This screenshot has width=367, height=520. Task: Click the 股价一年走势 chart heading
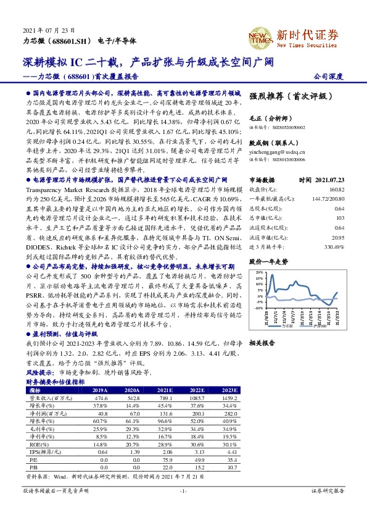point(268,261)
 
